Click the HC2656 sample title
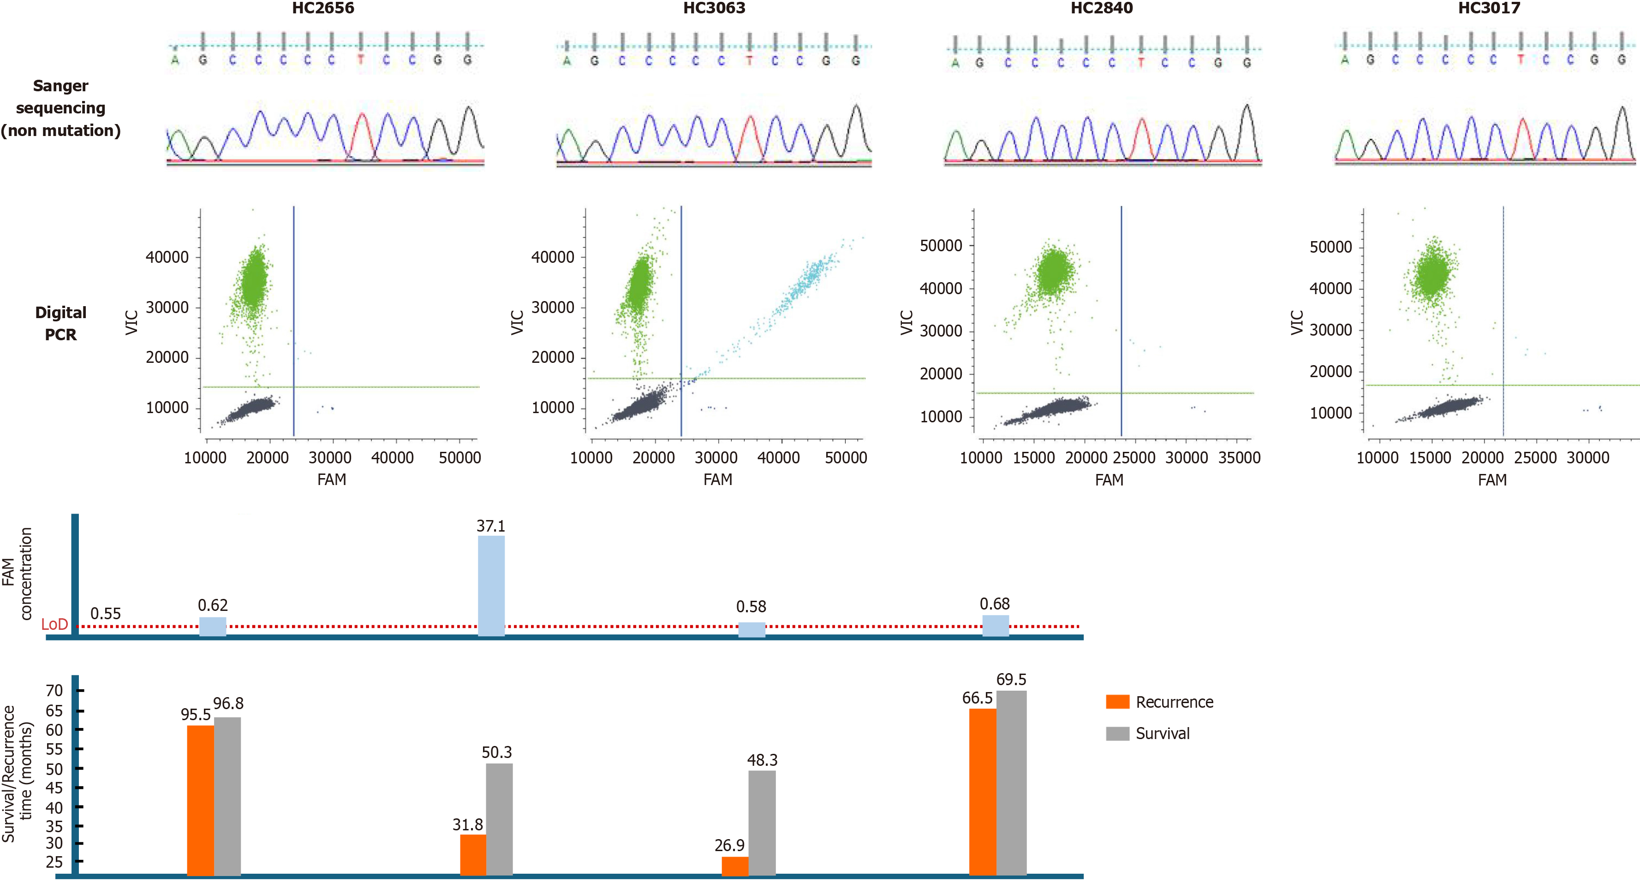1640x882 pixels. pyautogui.click(x=323, y=8)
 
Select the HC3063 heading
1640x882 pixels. pyautogui.click(x=714, y=8)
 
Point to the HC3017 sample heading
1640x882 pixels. pyautogui.click(x=1489, y=8)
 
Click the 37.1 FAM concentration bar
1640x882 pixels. pyautogui.click(x=491, y=586)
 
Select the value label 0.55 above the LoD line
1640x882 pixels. pyautogui.click(x=106, y=614)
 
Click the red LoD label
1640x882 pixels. pyautogui.click(x=54, y=625)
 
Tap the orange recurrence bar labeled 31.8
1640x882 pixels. pyautogui.click(x=473, y=855)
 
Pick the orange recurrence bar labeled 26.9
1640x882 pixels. pyautogui.click(x=735, y=866)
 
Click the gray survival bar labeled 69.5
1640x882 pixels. pyautogui.click(x=1011, y=783)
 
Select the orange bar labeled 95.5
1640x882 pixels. pyautogui.click(x=201, y=800)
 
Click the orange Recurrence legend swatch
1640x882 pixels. pyautogui.click(x=1117, y=702)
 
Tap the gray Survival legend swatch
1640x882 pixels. pyautogui.click(x=1117, y=734)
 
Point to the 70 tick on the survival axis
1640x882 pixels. pyautogui.click(x=55, y=691)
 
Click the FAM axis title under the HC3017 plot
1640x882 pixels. pyautogui.click(x=1491, y=480)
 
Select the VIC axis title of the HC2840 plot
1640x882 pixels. pyautogui.click(x=906, y=323)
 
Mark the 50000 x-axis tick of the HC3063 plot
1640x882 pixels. pyautogui.click(x=846, y=457)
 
